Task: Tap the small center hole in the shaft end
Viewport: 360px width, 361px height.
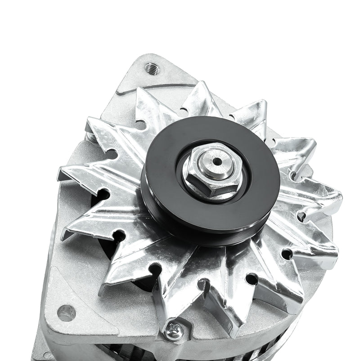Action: pyautogui.click(x=218, y=160)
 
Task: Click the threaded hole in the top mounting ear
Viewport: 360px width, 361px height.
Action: pyautogui.click(x=152, y=68)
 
